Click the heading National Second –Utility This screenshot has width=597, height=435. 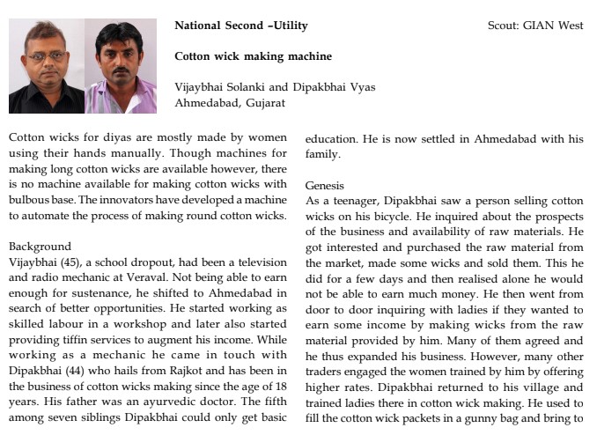coord(241,26)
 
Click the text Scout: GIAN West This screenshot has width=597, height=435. coord(535,26)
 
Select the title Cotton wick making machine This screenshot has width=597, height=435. coord(253,56)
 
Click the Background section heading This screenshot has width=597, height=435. coord(40,247)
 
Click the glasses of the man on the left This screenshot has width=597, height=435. coord(46,56)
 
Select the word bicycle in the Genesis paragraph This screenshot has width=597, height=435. coord(380,217)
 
